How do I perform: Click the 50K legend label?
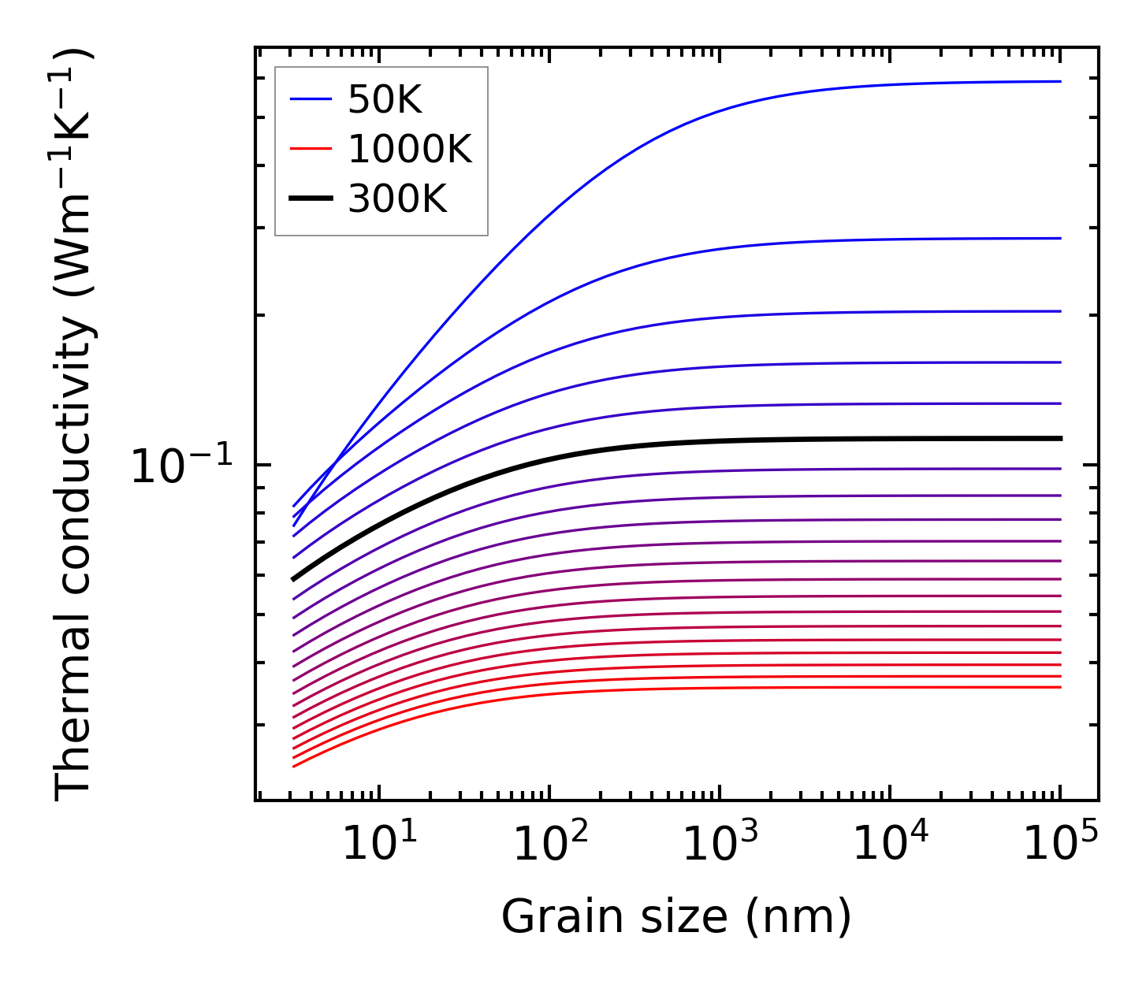click(x=385, y=100)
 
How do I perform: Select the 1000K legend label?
click(x=409, y=149)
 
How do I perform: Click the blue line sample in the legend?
click(x=311, y=99)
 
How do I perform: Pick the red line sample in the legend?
click(x=311, y=149)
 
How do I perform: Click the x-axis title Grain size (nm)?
click(x=676, y=918)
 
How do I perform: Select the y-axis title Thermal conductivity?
click(x=75, y=424)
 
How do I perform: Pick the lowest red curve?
click(x=631, y=688)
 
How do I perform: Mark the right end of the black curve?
click(x=1061, y=438)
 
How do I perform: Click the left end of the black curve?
click(x=294, y=579)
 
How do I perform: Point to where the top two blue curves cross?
click(x=337, y=460)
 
